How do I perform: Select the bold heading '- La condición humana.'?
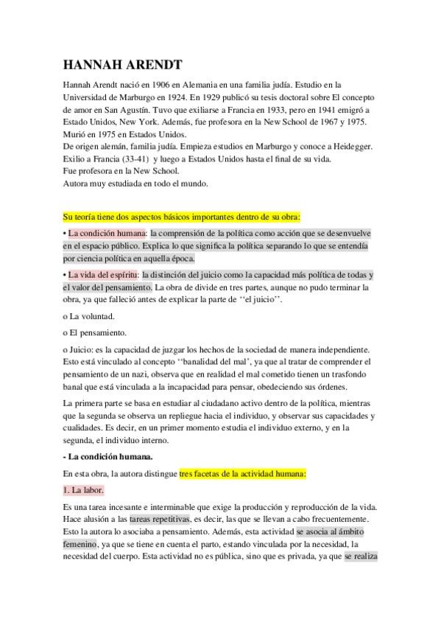click(x=108, y=456)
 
